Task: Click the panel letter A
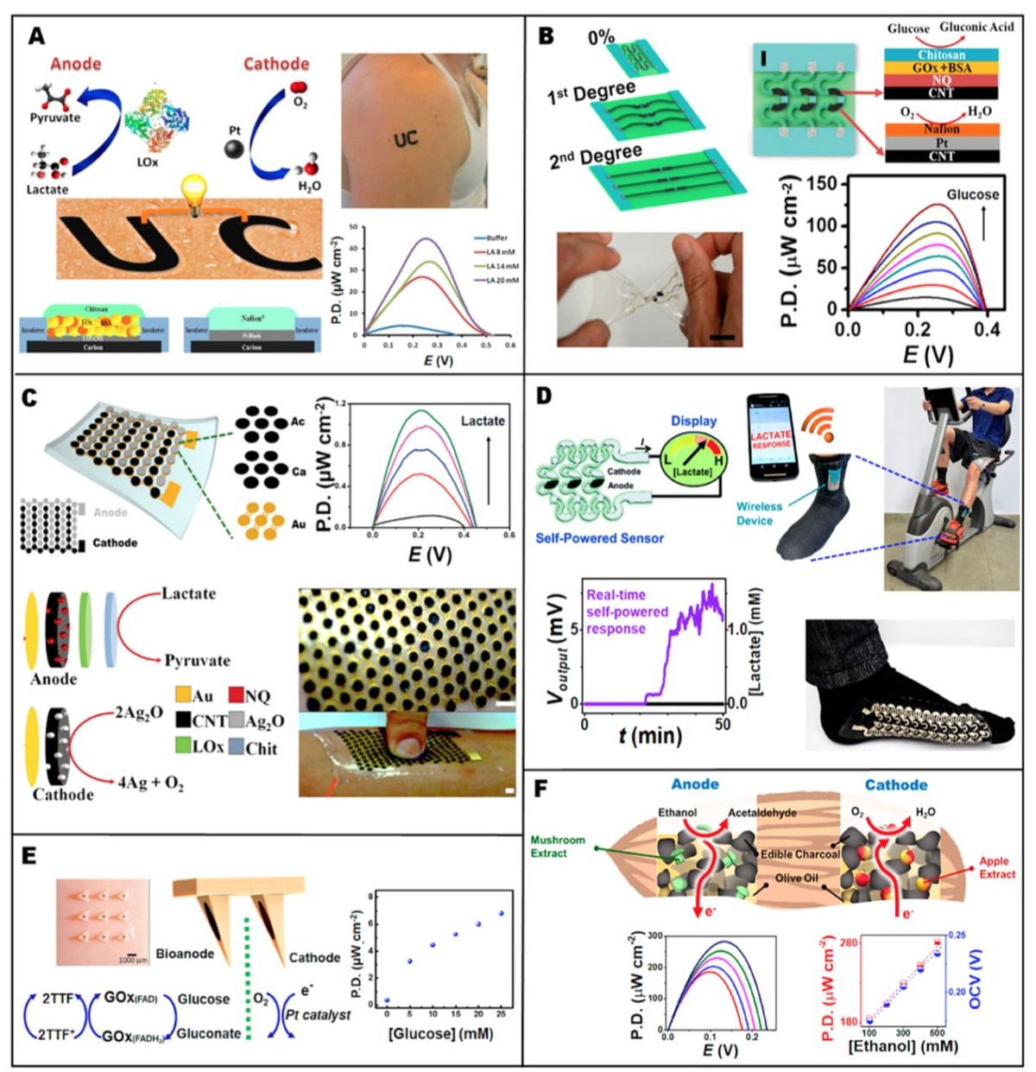tap(36, 35)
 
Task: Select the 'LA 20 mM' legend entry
tap(496, 280)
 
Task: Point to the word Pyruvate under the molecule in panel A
tap(55, 117)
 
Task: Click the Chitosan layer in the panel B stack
tap(941, 54)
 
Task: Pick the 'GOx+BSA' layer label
tap(941, 67)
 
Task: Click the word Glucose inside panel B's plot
tap(972, 194)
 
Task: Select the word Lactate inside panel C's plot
tap(483, 421)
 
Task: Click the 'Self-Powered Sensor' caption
tap(599, 538)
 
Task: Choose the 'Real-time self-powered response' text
tap(627, 612)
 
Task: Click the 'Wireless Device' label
tap(759, 513)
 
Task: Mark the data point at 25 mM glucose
tap(502, 913)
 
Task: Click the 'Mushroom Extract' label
tap(558, 846)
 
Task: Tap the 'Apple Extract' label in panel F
tap(996, 867)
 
